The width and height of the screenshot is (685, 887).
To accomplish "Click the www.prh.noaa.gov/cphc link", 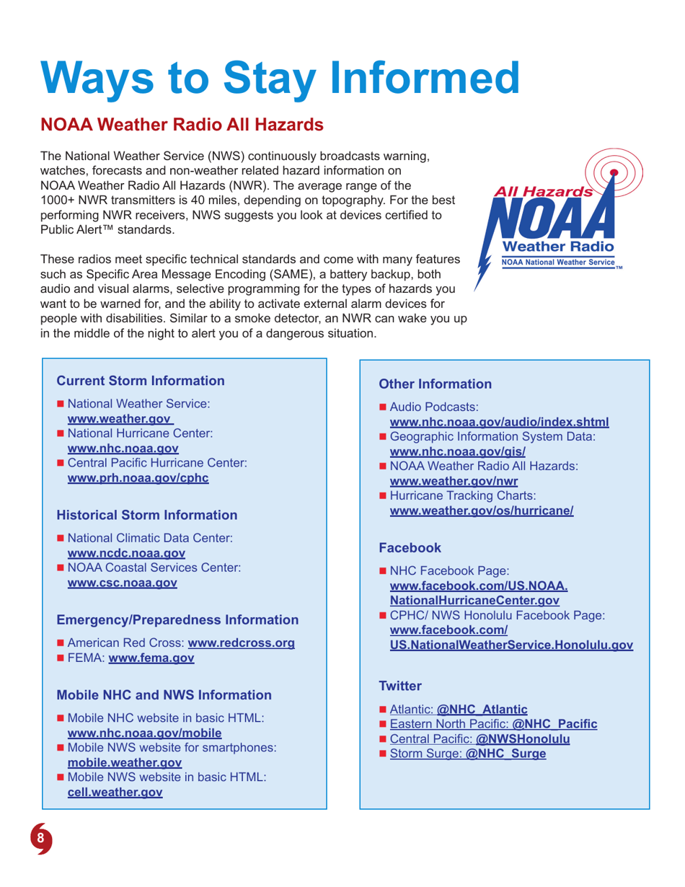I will [138, 478].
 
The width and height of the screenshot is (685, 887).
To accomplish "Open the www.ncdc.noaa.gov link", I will [126, 553].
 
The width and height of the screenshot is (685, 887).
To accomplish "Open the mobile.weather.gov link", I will [124, 762].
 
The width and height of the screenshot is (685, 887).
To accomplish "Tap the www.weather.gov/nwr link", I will [454, 481].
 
